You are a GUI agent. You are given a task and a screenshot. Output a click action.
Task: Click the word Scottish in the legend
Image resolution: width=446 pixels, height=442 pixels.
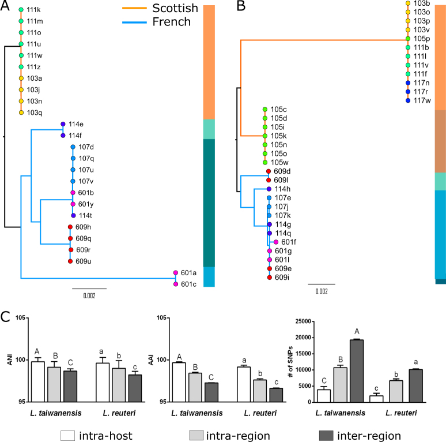(x=175, y=9)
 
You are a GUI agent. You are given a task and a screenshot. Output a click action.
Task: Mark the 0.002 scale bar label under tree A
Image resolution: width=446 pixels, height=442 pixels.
(x=89, y=296)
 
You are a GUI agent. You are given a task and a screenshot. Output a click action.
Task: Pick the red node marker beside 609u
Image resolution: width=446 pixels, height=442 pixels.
(x=70, y=261)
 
